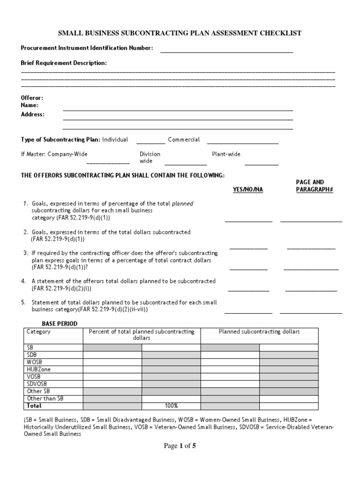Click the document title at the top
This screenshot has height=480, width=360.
coord(180,33)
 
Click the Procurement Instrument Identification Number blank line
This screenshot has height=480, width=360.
coord(226,52)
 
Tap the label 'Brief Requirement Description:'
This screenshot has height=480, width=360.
coord(64,63)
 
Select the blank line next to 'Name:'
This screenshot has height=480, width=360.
coord(178,110)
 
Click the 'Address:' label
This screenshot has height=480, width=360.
coord(33,114)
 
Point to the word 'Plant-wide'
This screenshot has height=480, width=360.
coord(226,154)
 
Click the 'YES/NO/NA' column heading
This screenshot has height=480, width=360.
coord(248,189)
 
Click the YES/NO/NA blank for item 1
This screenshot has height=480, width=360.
coord(248,220)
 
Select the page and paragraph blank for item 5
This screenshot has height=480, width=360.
coord(311,312)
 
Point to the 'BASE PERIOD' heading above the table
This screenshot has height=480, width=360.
coord(60,324)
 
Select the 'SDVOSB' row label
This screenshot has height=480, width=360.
coord(37,384)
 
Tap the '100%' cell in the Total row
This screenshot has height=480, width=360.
coord(171,405)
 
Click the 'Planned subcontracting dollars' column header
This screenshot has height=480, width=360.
coord(259,332)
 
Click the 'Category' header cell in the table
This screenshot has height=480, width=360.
coord(38,332)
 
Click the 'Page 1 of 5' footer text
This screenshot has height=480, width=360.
coord(180,446)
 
